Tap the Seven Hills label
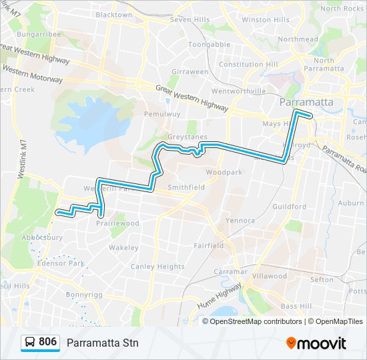(190, 19)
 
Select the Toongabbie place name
(209, 45)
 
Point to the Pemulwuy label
(162, 114)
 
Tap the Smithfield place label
(186, 187)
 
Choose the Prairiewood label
(119, 223)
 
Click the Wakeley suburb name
(123, 247)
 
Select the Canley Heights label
(157, 267)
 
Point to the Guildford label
(290, 207)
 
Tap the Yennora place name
(240, 220)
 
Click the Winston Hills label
(265, 20)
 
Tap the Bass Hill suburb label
(296, 306)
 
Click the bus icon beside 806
(30, 343)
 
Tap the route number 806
(48, 342)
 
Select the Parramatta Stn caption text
(102, 343)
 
